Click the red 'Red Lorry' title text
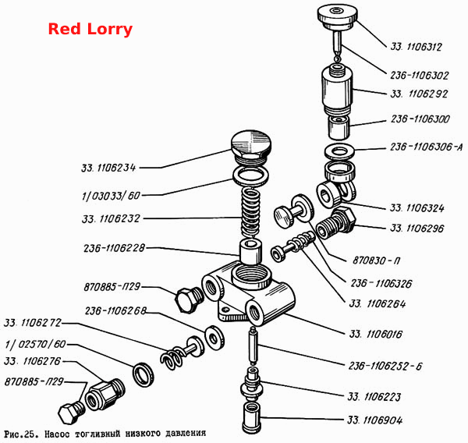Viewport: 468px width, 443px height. coord(90,30)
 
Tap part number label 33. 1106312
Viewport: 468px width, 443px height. coord(416,47)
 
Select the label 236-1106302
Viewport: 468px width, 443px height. coord(420,75)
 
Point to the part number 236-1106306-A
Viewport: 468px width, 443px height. coord(427,147)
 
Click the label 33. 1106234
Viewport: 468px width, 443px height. coord(108,168)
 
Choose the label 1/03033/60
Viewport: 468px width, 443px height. coord(111,196)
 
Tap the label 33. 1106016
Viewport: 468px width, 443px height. coord(375,334)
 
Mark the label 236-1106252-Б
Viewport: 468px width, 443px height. coord(385,366)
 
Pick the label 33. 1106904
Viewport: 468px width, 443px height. coord(375,420)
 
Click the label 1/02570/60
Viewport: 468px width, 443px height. coord(35,344)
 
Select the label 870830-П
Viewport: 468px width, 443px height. coord(376,260)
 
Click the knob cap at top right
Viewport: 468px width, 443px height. coord(337,16)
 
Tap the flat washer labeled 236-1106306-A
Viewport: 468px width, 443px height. coord(339,151)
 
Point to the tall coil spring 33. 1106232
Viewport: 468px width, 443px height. coord(250,213)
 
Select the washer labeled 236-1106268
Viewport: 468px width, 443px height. coord(214,338)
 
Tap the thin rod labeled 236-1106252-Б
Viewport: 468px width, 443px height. coord(253,346)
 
